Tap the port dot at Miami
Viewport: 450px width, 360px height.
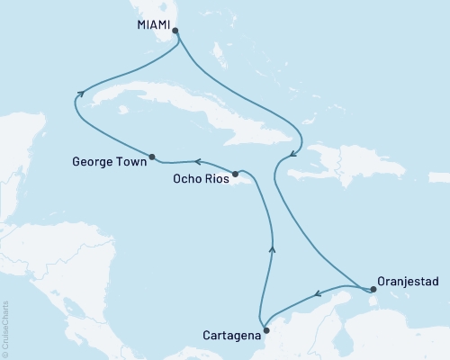[x=175, y=31]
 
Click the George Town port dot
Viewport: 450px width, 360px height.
[x=151, y=155]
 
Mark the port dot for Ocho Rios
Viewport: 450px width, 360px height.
[x=235, y=174]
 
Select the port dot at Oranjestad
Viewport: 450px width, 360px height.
[x=373, y=288]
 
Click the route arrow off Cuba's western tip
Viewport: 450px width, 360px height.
[x=81, y=92]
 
